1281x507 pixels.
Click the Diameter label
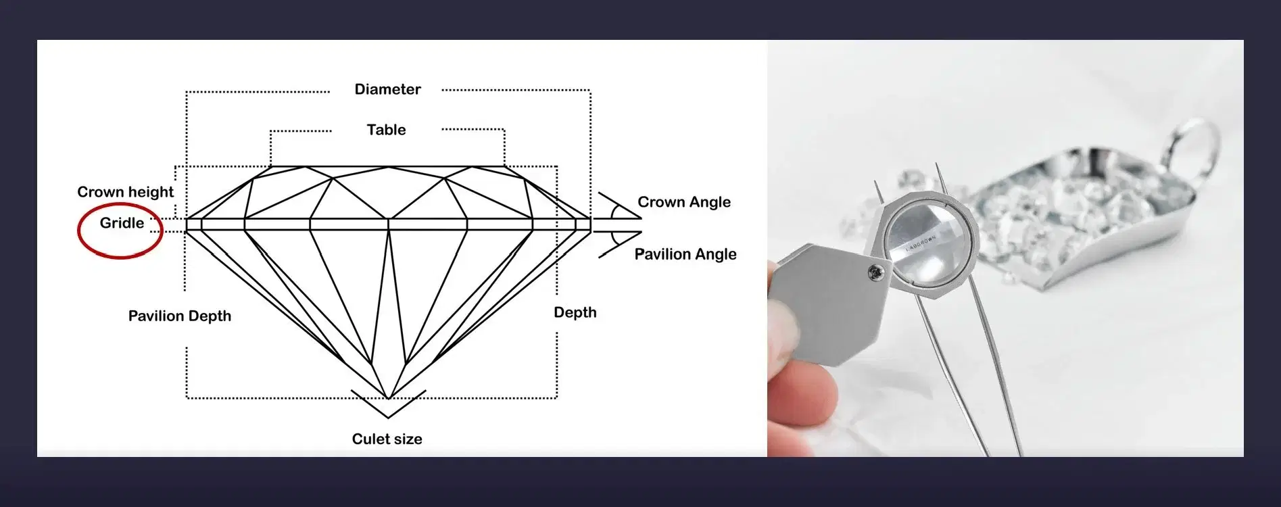click(387, 89)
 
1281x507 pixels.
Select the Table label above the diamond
click(386, 130)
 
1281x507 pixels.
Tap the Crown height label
click(125, 192)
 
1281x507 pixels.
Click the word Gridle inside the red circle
click(122, 223)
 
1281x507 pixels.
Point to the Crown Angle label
click(684, 202)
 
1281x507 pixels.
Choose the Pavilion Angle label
click(685, 254)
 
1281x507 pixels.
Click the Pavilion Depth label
click(180, 316)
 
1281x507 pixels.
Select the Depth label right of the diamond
click(575, 312)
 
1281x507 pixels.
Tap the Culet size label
click(387, 439)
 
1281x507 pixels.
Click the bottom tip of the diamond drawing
click(389, 398)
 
